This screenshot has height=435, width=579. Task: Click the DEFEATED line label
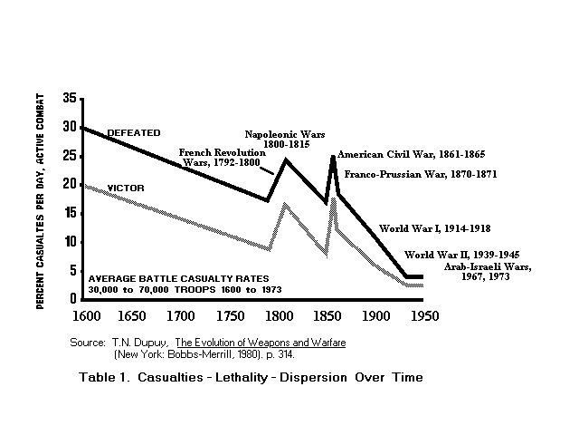click(x=135, y=132)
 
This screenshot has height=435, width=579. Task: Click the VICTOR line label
click(x=126, y=188)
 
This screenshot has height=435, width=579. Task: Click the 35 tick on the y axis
click(x=69, y=98)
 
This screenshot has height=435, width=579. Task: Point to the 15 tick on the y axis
click(x=69, y=213)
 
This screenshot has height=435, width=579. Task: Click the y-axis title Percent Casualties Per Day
click(x=42, y=199)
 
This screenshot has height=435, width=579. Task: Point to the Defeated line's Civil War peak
click(x=334, y=157)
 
